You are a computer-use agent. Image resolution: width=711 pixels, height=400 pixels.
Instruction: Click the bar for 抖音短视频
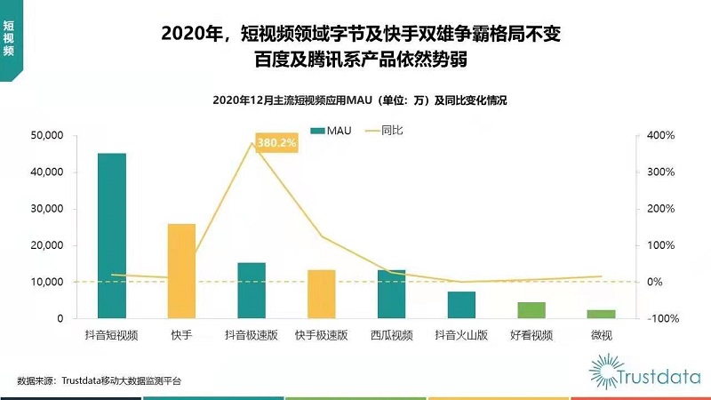[112, 236]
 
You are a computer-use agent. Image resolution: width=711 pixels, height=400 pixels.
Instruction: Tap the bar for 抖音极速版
[252, 290]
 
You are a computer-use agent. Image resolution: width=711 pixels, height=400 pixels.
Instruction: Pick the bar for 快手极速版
[321, 293]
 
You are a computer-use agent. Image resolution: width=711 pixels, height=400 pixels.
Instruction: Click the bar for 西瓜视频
[391, 293]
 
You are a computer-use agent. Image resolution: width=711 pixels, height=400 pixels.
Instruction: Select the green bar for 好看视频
[531, 309]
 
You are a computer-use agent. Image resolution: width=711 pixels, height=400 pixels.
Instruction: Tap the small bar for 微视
[601, 314]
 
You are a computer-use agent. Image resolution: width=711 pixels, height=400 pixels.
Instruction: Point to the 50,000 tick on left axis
[47, 135]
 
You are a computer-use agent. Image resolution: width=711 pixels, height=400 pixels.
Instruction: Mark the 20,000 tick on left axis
[47, 245]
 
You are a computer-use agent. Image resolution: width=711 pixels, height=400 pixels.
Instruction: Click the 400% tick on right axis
[661, 135]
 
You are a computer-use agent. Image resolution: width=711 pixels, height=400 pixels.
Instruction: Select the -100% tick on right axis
[659, 318]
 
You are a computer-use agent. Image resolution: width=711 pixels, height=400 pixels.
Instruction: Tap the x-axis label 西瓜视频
[391, 335]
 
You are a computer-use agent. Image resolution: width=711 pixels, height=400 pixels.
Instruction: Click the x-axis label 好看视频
[531, 335]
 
